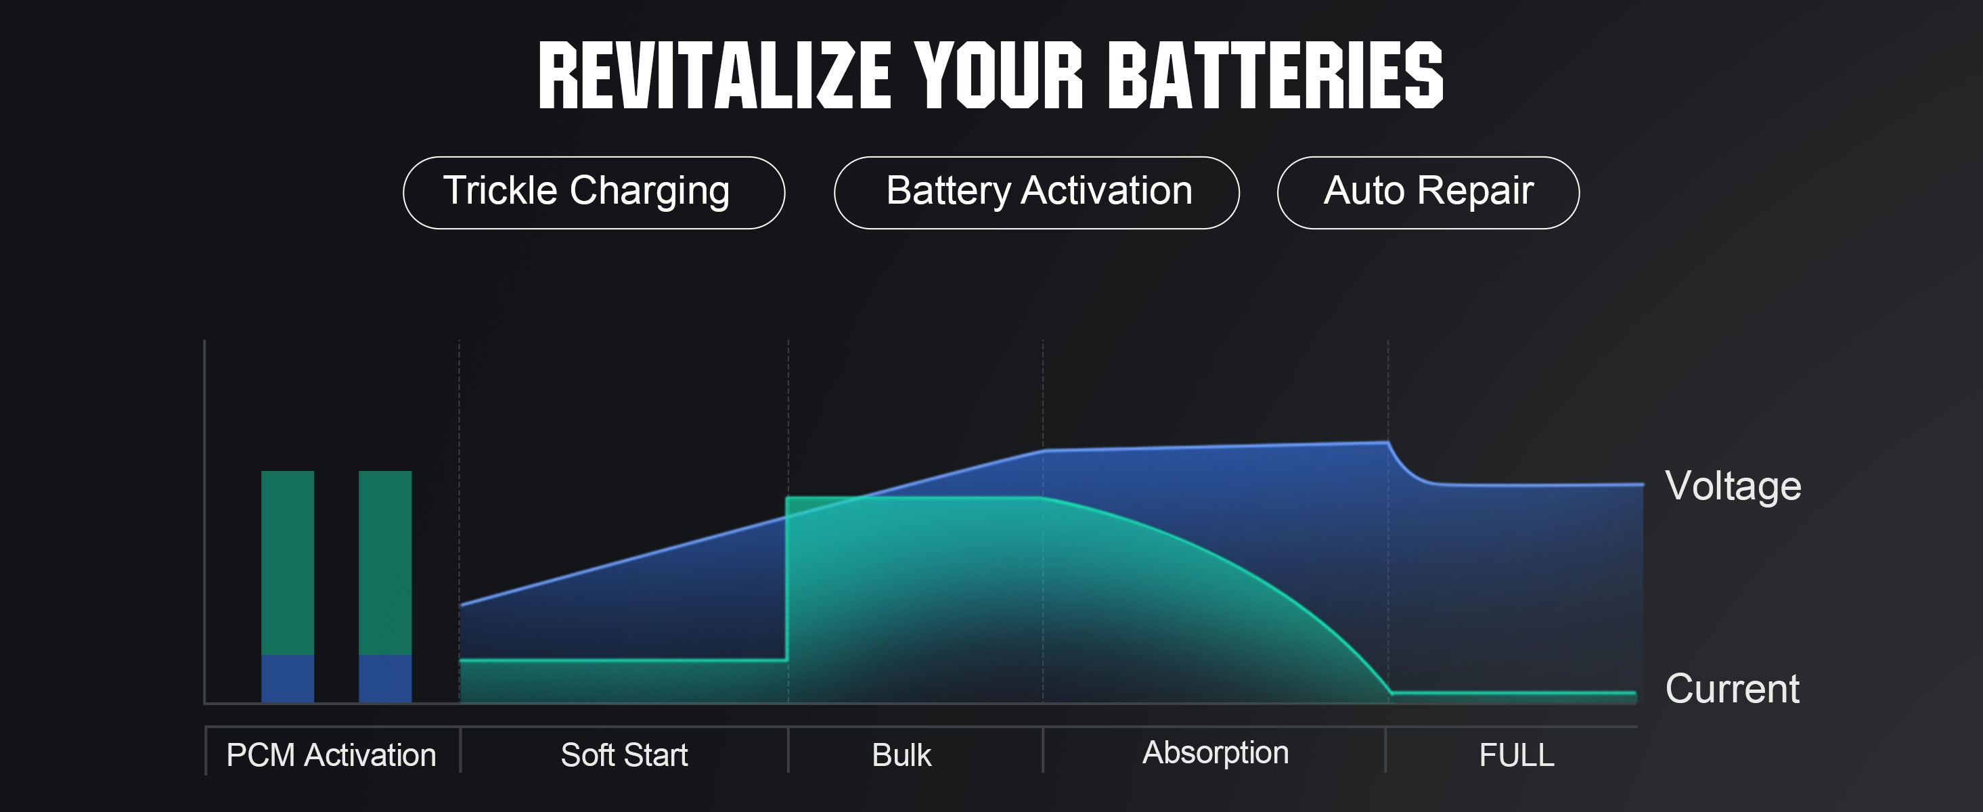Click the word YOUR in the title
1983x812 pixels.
coord(999,75)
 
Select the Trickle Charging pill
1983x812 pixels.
coord(594,192)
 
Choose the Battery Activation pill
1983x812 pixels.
coord(1036,192)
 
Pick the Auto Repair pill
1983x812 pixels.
coord(1428,192)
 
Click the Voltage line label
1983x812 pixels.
coord(1733,487)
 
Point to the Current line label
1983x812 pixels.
coord(1732,688)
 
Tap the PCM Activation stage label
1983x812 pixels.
coord(331,755)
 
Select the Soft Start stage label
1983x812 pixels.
coord(624,755)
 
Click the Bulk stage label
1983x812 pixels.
coord(901,755)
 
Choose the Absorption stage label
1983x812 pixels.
coord(1216,752)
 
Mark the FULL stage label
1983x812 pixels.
coord(1517,755)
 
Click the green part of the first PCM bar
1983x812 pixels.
coord(288,562)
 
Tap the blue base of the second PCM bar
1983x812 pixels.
coord(385,679)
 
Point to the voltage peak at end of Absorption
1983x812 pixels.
coord(1387,443)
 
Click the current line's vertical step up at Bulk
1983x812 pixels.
coord(786,579)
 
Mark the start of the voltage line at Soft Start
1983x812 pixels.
coord(460,606)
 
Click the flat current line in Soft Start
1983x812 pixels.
coord(623,660)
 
